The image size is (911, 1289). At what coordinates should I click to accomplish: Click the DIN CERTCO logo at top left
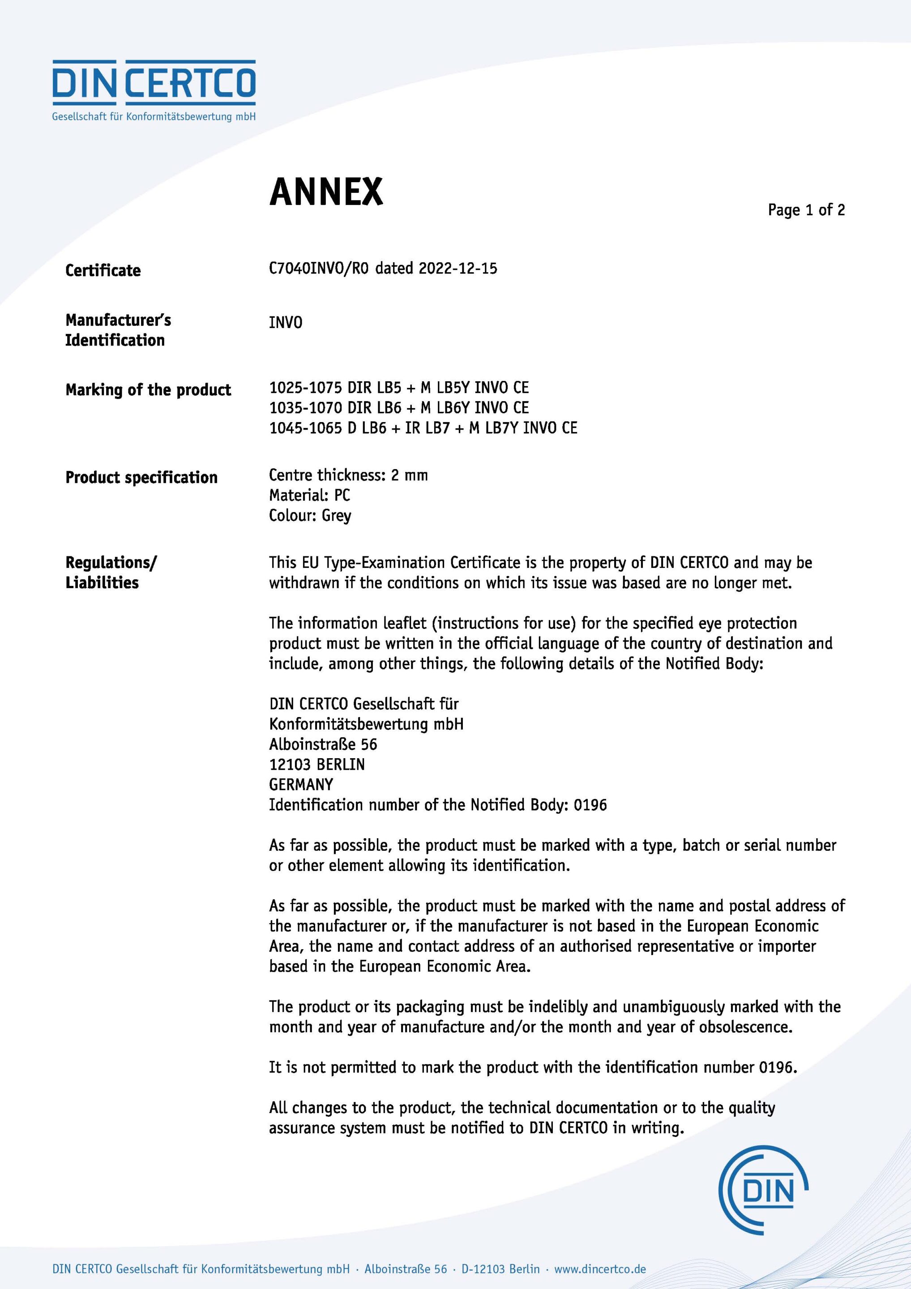(154, 90)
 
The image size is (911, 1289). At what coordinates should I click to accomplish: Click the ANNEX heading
(326, 192)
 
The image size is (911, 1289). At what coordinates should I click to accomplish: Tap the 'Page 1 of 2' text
(806, 210)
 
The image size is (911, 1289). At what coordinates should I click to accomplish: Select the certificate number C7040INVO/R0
(318, 269)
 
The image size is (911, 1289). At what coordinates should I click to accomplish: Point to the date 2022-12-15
(458, 269)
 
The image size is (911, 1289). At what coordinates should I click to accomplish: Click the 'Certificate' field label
(103, 271)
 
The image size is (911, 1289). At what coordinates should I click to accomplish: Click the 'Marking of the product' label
(148, 390)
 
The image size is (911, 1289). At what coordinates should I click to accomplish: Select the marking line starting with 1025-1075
(399, 388)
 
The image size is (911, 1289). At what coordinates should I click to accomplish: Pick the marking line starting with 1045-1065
(423, 428)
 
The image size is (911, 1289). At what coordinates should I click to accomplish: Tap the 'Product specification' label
(141, 478)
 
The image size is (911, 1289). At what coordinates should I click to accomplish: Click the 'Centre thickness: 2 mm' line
(348, 475)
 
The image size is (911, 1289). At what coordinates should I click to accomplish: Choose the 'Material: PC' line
(309, 495)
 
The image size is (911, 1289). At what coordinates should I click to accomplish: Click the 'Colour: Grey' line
(310, 515)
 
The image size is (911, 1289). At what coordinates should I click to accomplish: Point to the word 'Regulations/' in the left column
(111, 563)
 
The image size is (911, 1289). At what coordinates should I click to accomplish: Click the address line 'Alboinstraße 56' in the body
(323, 744)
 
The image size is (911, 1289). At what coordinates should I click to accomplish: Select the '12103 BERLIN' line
(317, 764)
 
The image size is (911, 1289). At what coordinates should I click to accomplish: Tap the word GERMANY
(301, 785)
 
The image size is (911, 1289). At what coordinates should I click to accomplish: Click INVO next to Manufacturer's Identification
(285, 323)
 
